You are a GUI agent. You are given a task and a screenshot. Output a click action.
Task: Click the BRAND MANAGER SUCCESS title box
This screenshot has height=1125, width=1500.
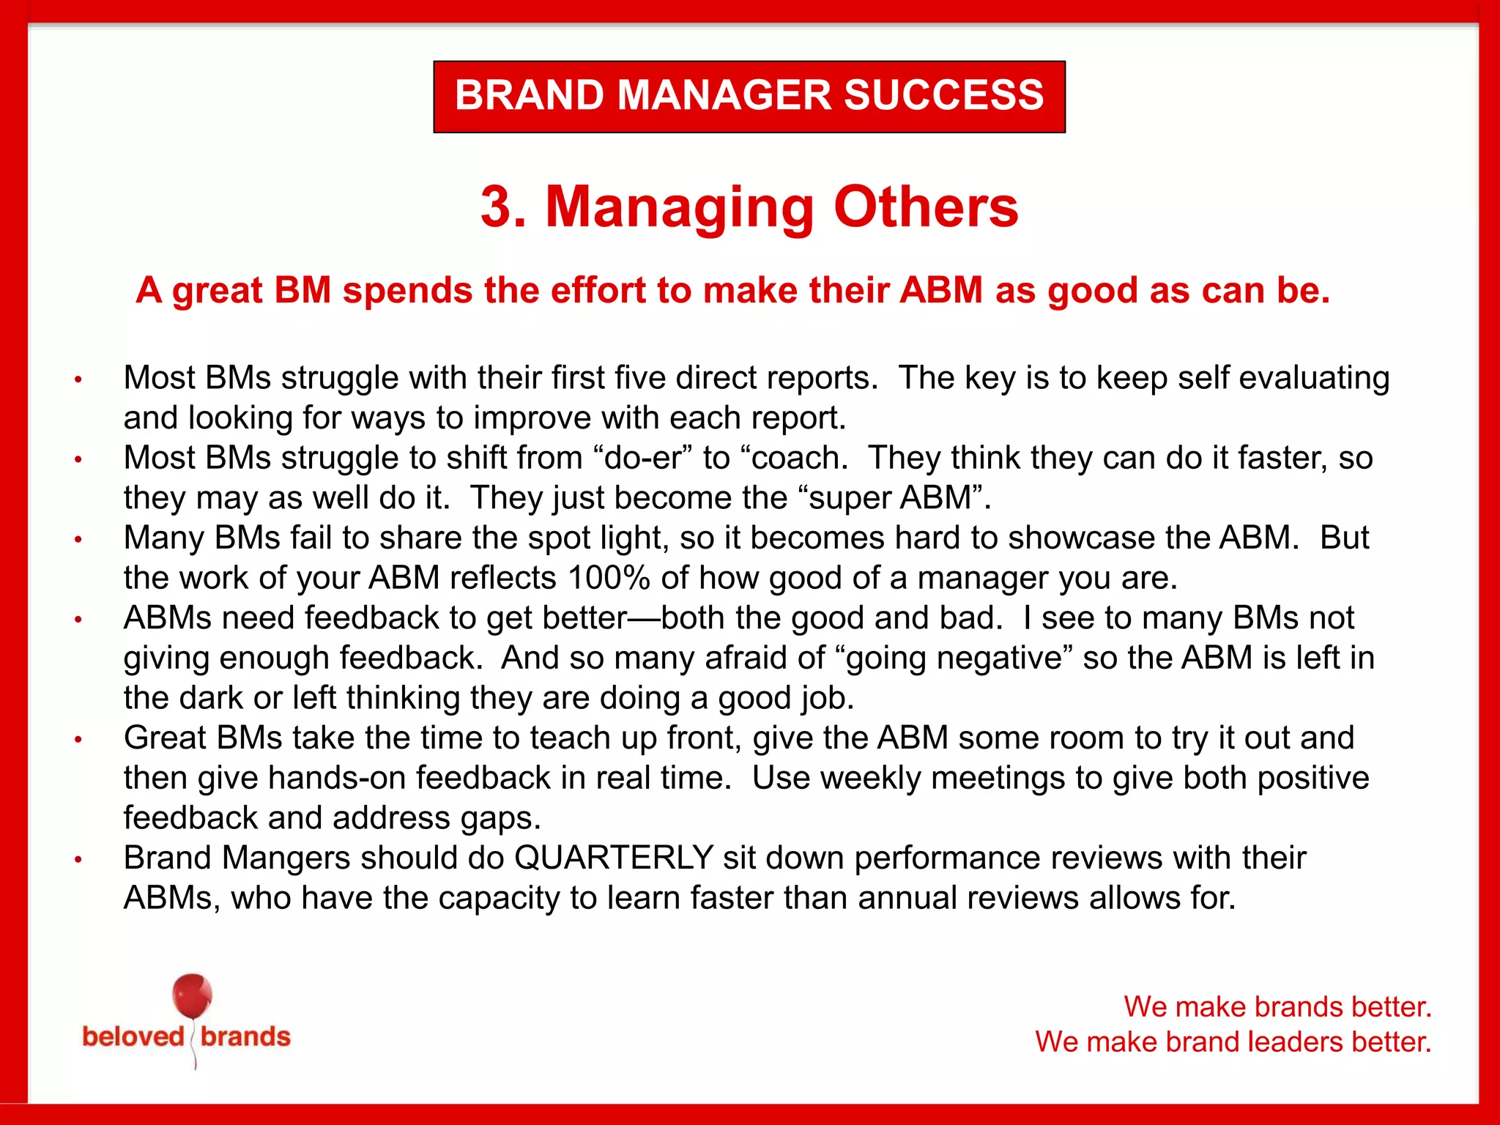749,96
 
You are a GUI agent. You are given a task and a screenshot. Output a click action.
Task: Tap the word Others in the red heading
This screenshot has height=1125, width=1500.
926,207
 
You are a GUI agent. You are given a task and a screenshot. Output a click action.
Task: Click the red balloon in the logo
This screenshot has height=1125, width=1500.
192,996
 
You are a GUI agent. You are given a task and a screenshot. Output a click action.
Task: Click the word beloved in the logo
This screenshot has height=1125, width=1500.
133,1037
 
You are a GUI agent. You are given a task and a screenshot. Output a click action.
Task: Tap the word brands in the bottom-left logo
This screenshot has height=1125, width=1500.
245,1037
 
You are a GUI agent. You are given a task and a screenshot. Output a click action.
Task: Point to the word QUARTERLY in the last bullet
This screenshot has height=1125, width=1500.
614,858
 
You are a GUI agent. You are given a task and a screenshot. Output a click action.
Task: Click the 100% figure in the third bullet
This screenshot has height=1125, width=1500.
609,578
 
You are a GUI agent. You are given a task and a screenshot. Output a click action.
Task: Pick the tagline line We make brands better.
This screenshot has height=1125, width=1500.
1277,1007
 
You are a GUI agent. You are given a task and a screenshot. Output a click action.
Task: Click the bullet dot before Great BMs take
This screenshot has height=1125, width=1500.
78,740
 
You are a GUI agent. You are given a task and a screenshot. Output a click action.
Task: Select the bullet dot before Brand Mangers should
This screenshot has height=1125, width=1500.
78,860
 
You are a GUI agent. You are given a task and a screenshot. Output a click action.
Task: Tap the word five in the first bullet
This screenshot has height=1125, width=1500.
639,378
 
